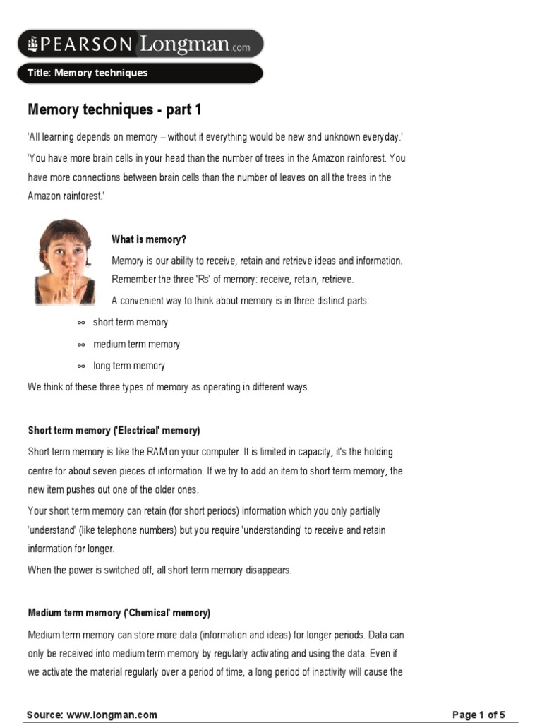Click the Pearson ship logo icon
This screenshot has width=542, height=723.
[32, 44]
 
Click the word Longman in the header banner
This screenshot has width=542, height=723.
[185, 44]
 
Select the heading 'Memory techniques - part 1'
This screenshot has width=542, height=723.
[114, 109]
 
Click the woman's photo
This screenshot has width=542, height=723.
[65, 261]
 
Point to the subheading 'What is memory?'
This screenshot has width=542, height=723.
[149, 239]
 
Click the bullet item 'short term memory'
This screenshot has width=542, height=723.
[131, 322]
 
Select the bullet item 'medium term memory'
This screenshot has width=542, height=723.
[136, 344]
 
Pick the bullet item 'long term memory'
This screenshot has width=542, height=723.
[129, 366]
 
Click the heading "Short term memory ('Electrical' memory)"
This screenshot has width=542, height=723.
[114, 430]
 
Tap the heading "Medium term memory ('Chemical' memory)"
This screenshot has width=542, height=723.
[119, 612]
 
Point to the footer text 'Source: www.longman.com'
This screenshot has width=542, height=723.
[92, 715]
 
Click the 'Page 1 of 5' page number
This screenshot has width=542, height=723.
[478, 715]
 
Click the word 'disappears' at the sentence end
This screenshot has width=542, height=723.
[267, 570]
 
